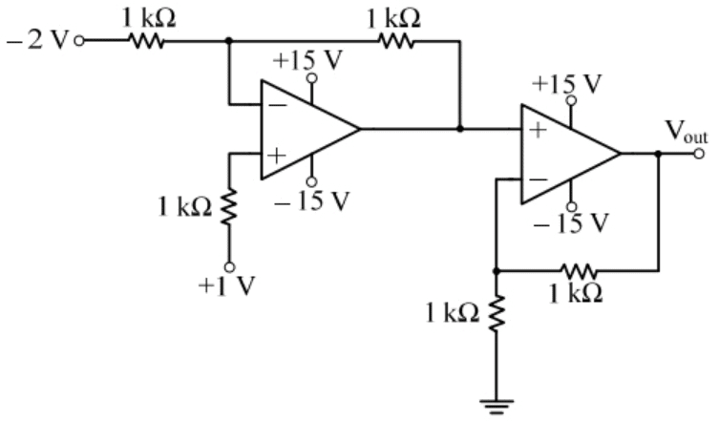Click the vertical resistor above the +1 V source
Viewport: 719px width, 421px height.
pyautogui.click(x=229, y=206)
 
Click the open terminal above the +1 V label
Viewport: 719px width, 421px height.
pyautogui.click(x=229, y=267)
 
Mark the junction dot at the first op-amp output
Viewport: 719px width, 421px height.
pyautogui.click(x=460, y=129)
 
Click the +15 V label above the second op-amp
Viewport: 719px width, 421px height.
pyautogui.click(x=569, y=83)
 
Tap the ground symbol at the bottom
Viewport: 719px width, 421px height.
pyautogui.click(x=497, y=404)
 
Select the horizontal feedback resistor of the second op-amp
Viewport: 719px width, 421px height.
pyautogui.click(x=581, y=271)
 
